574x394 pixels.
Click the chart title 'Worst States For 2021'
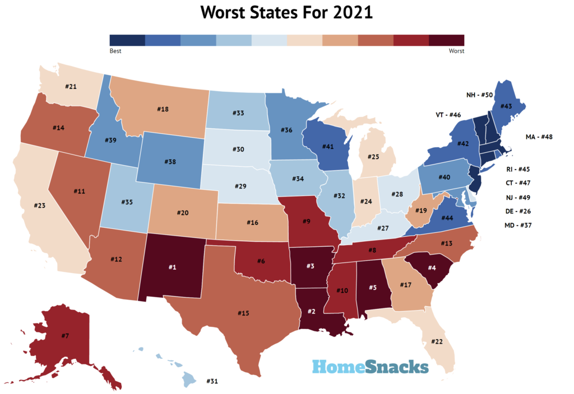click(x=286, y=12)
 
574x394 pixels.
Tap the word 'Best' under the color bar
click(x=115, y=51)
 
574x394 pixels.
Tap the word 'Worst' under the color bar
click(x=456, y=51)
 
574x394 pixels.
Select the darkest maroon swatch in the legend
click(x=446, y=40)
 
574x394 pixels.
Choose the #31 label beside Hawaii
click(x=211, y=381)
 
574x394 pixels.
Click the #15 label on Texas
click(x=243, y=312)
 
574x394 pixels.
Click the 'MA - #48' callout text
click(x=539, y=137)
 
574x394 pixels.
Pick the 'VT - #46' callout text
click(x=447, y=115)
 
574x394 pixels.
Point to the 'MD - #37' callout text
click(x=518, y=226)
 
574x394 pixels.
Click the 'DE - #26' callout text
click(x=518, y=211)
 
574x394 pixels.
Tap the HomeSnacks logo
click(x=371, y=367)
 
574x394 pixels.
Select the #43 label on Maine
click(x=506, y=106)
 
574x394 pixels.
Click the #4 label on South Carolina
click(x=432, y=267)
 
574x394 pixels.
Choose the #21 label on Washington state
click(x=70, y=87)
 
